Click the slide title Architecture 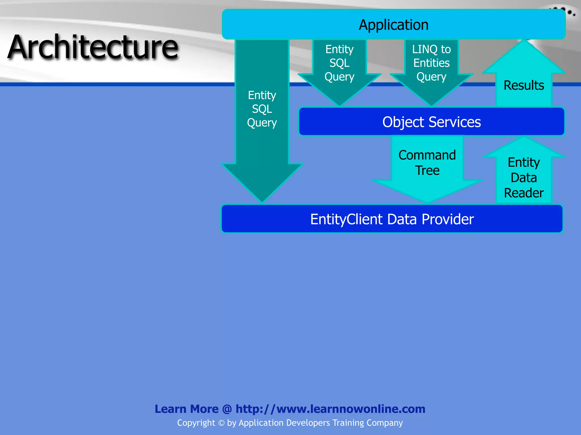coord(93,47)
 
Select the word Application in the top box coord(393,25)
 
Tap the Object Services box coord(431,122)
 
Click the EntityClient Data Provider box coord(392,219)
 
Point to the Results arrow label coord(524,85)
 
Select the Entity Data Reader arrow coord(524,177)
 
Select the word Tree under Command coord(427,170)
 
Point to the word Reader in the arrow coord(524,193)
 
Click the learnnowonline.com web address coord(330,409)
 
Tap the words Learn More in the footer coord(186,409)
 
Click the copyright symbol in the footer coord(221,423)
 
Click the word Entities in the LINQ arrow coord(431,63)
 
